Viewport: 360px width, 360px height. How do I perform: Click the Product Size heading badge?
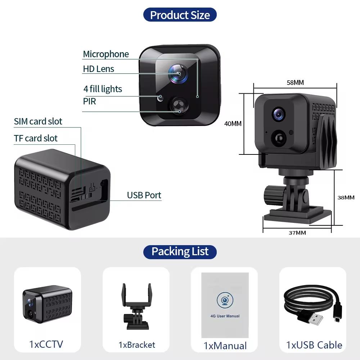pyautogui.click(x=180, y=15)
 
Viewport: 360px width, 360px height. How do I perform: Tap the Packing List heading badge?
pyautogui.click(x=180, y=251)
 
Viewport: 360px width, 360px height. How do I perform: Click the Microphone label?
pyautogui.click(x=105, y=54)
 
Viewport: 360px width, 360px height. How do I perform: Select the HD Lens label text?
pyautogui.click(x=98, y=69)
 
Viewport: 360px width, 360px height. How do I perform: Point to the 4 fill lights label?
pyautogui.click(x=103, y=89)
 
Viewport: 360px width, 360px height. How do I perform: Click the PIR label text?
pyautogui.click(x=89, y=102)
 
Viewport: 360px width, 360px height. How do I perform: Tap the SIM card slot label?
pyautogui.click(x=38, y=122)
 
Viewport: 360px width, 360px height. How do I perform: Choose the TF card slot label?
pyautogui.click(x=36, y=138)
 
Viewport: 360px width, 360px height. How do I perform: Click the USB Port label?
pyautogui.click(x=144, y=195)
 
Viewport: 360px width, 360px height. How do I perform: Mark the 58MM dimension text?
pyautogui.click(x=295, y=82)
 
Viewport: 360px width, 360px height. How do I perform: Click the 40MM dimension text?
pyautogui.click(x=233, y=123)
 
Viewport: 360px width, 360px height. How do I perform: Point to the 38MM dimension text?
pyautogui.click(x=346, y=197)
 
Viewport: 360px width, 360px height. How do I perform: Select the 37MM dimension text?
pyautogui.click(x=297, y=233)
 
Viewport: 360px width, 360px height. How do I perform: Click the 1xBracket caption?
pyautogui.click(x=137, y=345)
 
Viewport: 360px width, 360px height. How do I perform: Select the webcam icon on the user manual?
pyautogui.click(x=225, y=300)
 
